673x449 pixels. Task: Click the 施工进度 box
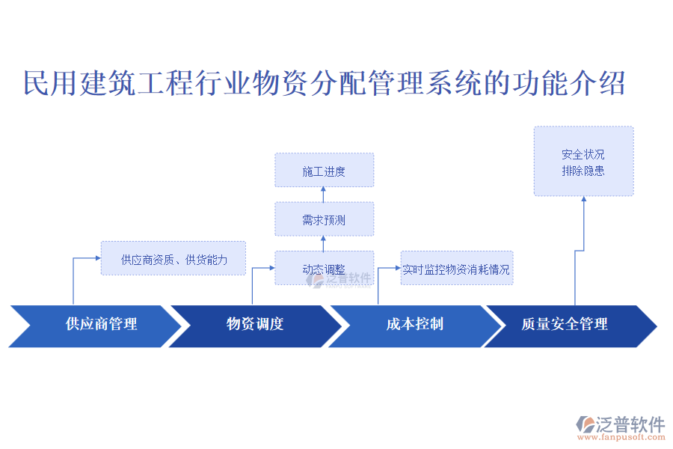click(x=324, y=170)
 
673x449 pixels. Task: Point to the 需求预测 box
click(x=324, y=219)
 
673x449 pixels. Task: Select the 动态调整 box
click(x=324, y=268)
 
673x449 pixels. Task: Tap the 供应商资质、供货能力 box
click(x=173, y=258)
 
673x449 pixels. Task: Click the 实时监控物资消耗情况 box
click(x=457, y=268)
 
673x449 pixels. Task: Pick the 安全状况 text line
click(x=583, y=154)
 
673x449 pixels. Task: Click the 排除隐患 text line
click(x=583, y=171)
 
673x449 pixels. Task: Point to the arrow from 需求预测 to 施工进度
click(x=323, y=195)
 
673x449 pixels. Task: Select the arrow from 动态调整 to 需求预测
click(x=323, y=243)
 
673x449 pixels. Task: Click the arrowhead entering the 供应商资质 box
click(x=98, y=257)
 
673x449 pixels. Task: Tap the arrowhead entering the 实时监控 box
click(x=398, y=268)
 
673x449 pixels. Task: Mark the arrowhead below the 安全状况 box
click(x=584, y=198)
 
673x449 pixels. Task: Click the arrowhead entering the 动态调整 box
click(x=272, y=268)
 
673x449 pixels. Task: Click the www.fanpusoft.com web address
click(x=621, y=437)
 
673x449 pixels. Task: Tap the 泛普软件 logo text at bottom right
click(x=630, y=424)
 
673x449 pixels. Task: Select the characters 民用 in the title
click(x=50, y=83)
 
